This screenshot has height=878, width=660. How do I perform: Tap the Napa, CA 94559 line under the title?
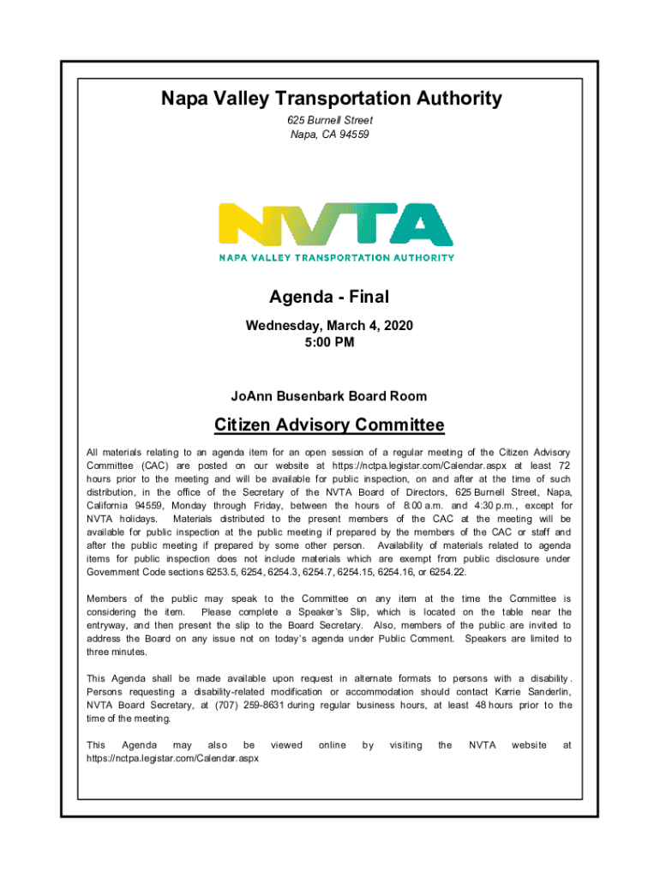point(330,135)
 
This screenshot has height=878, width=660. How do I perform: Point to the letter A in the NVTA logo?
point(423,225)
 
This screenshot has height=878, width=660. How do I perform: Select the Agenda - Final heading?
point(329,298)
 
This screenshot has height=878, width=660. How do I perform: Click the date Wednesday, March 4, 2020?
point(329,326)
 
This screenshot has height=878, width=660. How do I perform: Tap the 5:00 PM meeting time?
point(329,342)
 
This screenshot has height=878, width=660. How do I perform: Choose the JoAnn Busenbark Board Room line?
point(329,396)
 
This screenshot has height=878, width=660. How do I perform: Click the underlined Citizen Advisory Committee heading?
point(329,425)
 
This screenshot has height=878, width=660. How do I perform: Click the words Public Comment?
point(417,639)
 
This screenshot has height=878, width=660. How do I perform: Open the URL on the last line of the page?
point(172,759)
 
